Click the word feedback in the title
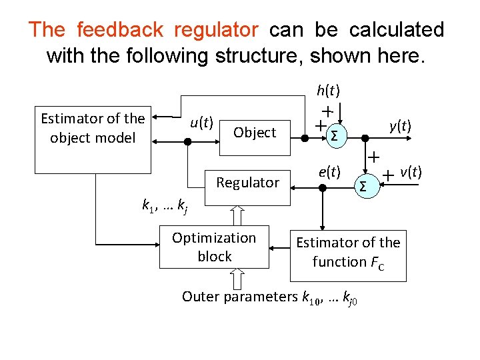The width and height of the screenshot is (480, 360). (120, 30)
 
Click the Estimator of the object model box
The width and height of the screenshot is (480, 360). (93, 128)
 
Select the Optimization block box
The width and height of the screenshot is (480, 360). (214, 247)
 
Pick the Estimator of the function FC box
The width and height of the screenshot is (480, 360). (348, 252)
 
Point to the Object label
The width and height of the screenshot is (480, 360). (255, 133)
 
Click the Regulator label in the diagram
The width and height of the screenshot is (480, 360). (248, 183)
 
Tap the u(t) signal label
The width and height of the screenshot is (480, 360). (201, 122)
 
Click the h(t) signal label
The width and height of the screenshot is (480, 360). (329, 90)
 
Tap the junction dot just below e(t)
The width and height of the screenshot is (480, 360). (322, 188)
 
